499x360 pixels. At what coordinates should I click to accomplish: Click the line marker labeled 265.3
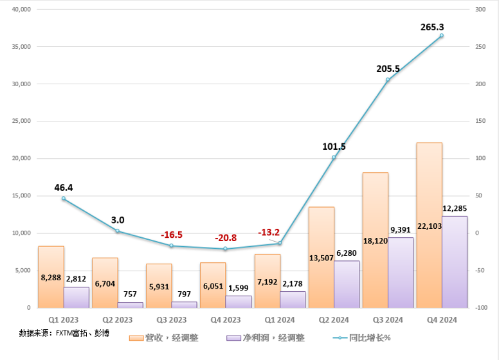(441, 35)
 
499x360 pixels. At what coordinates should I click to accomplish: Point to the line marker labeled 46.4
(64, 199)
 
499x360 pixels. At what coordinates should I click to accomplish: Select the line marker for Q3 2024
(388, 80)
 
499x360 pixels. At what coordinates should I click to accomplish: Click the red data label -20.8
(226, 237)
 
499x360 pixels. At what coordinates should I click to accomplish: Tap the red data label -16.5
(172, 235)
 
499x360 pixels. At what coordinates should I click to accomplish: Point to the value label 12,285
(455, 208)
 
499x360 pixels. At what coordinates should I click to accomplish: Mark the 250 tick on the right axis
(480, 47)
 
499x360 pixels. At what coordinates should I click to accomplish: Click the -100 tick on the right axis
(480, 308)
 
